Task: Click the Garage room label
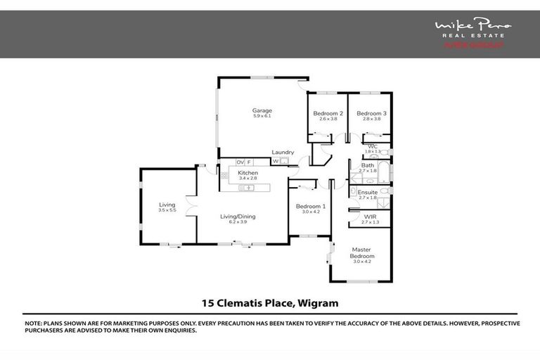point(262,110)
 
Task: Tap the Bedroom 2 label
point(328,113)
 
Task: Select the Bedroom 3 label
point(371,113)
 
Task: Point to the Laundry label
point(283,152)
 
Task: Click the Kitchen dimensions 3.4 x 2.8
point(248,179)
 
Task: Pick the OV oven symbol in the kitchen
point(240,162)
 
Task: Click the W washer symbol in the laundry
point(275,162)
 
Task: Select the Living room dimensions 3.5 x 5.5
point(167,210)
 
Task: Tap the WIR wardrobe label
point(369,217)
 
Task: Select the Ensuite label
point(368,192)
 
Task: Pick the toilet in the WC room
point(385,152)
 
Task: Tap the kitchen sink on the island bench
point(248,188)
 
